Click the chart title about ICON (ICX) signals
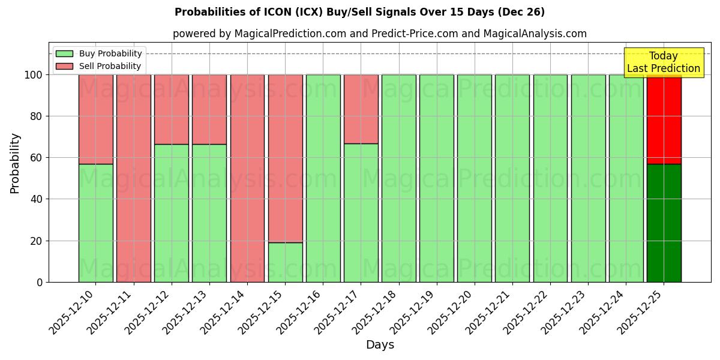point(359,12)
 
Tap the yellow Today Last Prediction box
point(664,62)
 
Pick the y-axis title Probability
point(15,163)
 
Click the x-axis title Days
point(380,345)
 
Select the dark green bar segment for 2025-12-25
point(664,223)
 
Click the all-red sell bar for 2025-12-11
point(133,178)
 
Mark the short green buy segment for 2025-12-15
point(285,262)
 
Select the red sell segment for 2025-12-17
point(361,109)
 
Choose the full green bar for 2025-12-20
point(474,178)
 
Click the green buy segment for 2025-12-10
point(95,223)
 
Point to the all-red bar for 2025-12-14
point(247,178)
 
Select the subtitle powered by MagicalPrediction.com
point(379,34)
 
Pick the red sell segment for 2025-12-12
point(171,109)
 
